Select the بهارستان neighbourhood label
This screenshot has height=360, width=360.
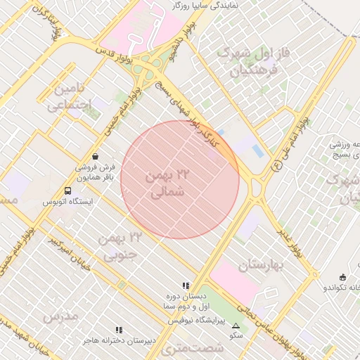coord(259,265)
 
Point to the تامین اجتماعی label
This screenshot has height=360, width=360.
coord(68,98)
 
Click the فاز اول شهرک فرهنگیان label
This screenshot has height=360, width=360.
coord(253,61)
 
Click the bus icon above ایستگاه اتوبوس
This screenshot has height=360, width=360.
coord(67,191)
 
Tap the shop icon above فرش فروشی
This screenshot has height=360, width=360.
coord(95,157)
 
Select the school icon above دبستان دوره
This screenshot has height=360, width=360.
coord(186,285)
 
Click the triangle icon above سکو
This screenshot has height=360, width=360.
coord(236,326)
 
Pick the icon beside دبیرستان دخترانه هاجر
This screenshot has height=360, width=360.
coord(119,329)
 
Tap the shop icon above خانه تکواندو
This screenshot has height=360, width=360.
coord(342,276)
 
